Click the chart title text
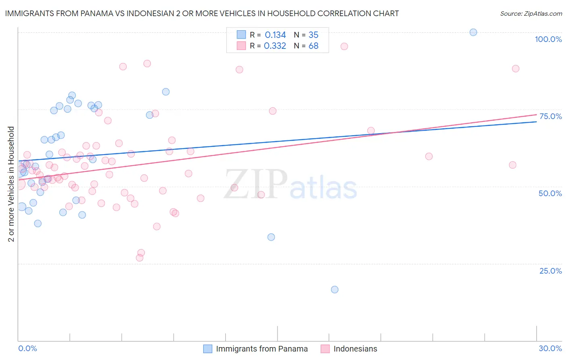tap(202, 13)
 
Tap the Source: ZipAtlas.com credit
tap(531, 13)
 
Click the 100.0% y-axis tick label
tap(548, 39)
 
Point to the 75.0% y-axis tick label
tap(550, 116)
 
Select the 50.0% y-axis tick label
tap(550, 193)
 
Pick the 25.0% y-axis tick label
tap(550, 271)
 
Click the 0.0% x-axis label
tap(27, 348)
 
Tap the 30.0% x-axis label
tap(550, 348)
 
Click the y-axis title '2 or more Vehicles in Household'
tap(11, 184)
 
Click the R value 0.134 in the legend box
tap(275, 35)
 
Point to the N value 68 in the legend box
tap(313, 46)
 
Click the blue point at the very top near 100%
tap(473, 32)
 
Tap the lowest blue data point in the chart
tap(335, 289)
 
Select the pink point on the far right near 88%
tap(515, 69)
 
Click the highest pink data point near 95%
tap(344, 46)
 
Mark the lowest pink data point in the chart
tap(140, 258)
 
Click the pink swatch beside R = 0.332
tap(241, 46)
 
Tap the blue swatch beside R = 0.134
tap(241, 35)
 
